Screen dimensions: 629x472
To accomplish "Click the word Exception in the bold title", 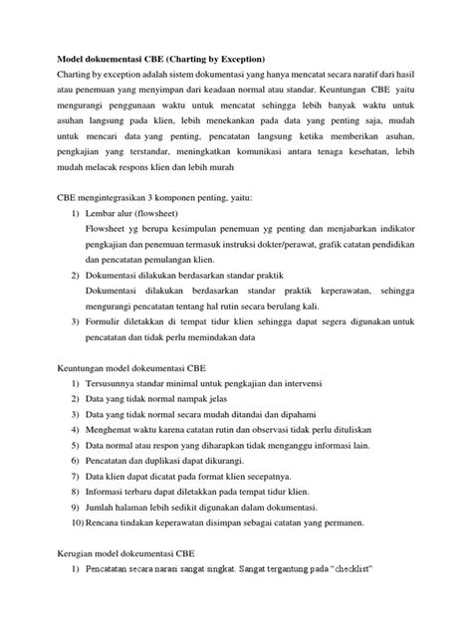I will [x=229, y=58].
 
